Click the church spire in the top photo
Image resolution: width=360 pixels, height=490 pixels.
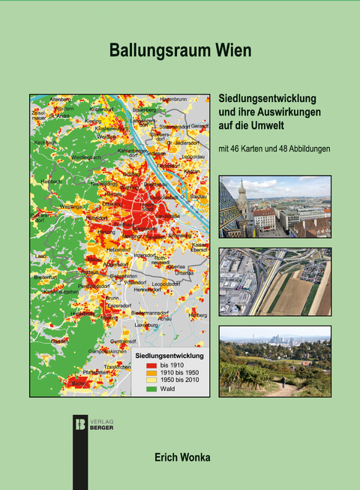[241, 194]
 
